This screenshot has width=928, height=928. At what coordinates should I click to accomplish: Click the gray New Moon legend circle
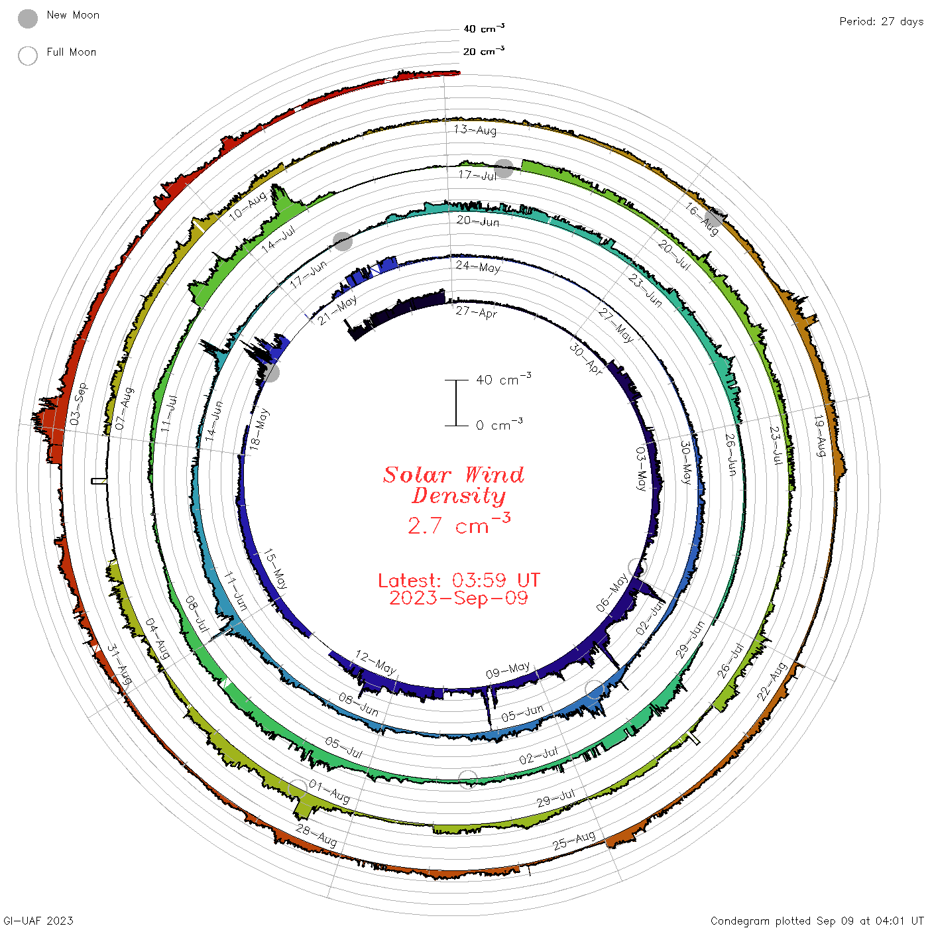click(x=28, y=19)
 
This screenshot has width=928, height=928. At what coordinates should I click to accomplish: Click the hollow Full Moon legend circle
click(x=28, y=56)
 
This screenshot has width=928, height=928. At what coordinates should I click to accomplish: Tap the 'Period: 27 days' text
click(x=882, y=22)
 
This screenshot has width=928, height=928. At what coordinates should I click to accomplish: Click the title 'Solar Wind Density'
click(x=453, y=485)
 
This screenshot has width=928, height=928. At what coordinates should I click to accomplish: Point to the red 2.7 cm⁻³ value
click(x=459, y=524)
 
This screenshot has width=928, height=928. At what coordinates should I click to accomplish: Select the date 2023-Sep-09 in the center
click(x=459, y=598)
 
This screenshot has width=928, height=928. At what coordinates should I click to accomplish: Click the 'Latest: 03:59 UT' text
click(x=459, y=580)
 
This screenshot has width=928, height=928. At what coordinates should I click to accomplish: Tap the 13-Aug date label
click(x=475, y=130)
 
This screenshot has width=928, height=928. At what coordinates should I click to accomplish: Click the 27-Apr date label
click(x=477, y=313)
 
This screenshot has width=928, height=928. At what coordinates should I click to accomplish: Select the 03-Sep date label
click(x=79, y=404)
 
